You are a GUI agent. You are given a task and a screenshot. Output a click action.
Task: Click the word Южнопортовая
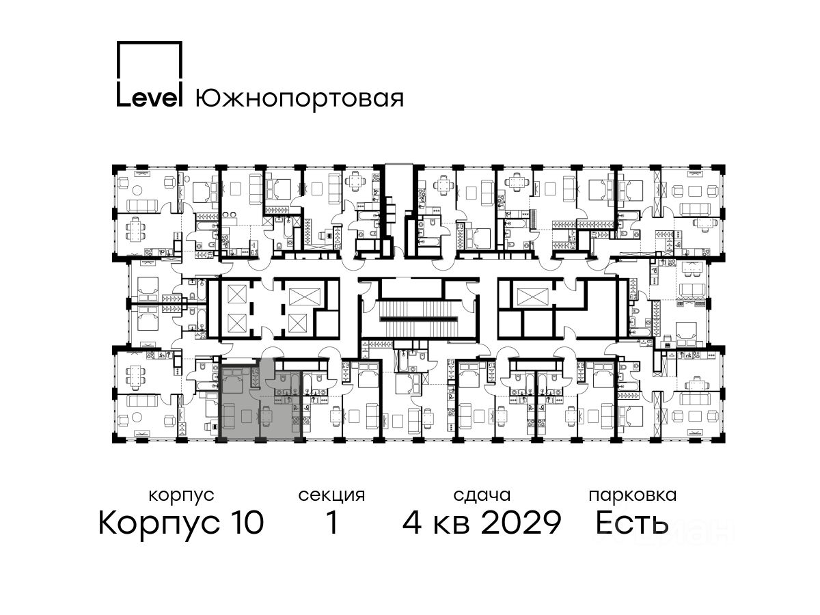pyautogui.click(x=299, y=98)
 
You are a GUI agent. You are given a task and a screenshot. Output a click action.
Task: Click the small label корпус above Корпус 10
pyautogui.click(x=181, y=496)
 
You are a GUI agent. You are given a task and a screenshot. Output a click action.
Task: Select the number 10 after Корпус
pyautogui.click(x=245, y=522)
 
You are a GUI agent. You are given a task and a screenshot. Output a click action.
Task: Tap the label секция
pyautogui.click(x=331, y=496)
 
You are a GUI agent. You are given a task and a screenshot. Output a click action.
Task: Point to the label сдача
pyautogui.click(x=482, y=495)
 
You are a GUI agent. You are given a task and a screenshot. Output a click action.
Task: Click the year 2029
pyautogui.click(x=521, y=522)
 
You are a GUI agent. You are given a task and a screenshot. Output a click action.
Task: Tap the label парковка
pyautogui.click(x=633, y=495)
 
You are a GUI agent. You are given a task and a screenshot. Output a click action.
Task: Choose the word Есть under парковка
pyautogui.click(x=631, y=522)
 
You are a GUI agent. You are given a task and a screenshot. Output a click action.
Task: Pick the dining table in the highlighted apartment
pyautogui.click(x=266, y=416)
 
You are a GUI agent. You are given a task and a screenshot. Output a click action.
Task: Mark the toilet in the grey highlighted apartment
pyautogui.click(x=283, y=379)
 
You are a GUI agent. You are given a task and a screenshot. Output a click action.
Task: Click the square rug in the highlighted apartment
pyautogui.click(x=246, y=415)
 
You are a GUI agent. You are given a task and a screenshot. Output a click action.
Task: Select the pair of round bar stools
pyautogui.click(x=230, y=215)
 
